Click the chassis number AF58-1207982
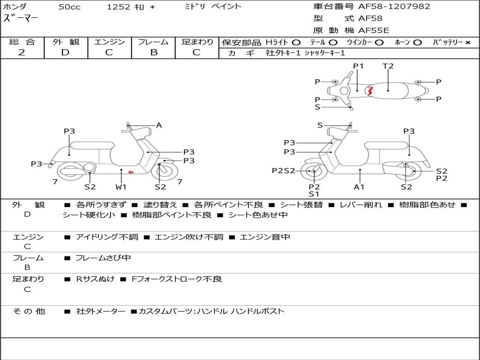coord(394,6)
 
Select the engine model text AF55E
coord(374,30)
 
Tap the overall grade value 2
coord(22,52)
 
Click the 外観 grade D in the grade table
coord(66,52)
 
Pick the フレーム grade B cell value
coord(154,52)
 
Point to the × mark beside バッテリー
coord(468,43)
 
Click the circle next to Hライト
coord(296,43)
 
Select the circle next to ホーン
coord(418,43)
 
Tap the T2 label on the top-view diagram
coord(388,66)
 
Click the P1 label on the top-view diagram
coord(358,66)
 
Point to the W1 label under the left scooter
coord(120,187)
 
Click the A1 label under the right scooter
coord(359,187)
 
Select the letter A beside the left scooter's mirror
coord(159,125)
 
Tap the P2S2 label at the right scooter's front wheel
coord(284,171)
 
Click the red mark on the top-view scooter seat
coord(370,91)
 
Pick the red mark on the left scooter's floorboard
coord(131,172)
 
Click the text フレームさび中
coord(103,258)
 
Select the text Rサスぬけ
coord(95,279)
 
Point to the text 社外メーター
coord(101,312)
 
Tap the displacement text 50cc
coord(69,7)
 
